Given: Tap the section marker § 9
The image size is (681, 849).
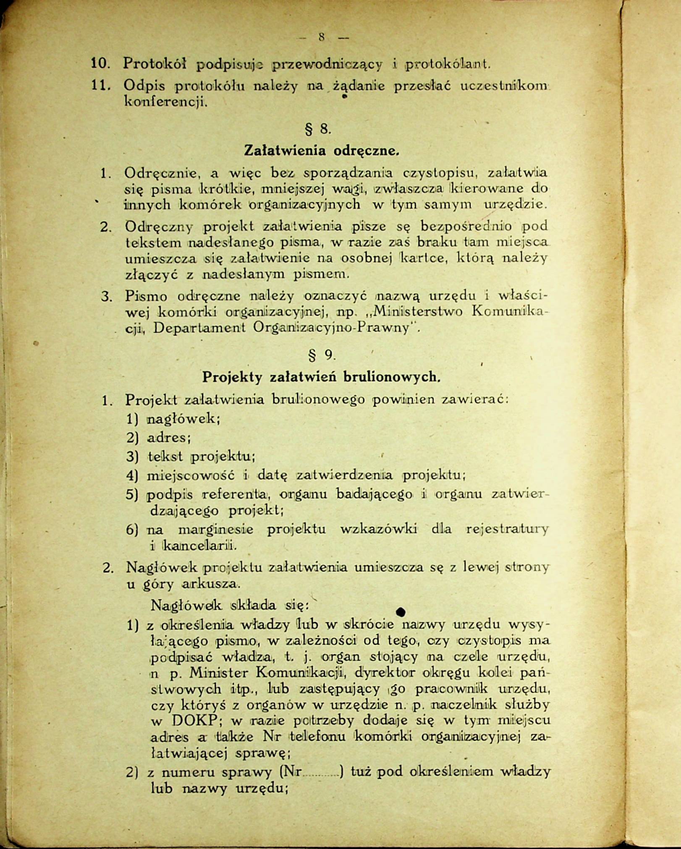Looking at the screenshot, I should click(x=321, y=355).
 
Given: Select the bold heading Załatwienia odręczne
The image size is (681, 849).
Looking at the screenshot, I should click(x=321, y=150).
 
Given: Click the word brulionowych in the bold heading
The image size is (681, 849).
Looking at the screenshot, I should click(x=392, y=377).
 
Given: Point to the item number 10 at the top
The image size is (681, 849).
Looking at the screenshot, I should click(x=100, y=64).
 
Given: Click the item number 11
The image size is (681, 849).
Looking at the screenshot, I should click(x=101, y=86).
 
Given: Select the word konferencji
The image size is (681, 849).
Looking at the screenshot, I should click(x=166, y=101).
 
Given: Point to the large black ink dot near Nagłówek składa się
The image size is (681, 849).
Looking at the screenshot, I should click(x=401, y=612).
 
